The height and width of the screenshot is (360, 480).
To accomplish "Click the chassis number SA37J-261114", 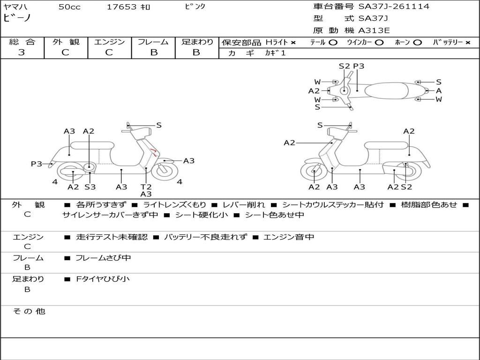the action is [x=394, y=7].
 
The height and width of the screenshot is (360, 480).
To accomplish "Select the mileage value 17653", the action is [x=121, y=7].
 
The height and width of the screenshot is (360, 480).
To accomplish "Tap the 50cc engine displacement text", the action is [x=69, y=7].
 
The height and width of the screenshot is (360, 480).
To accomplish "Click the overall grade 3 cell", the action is [x=22, y=52].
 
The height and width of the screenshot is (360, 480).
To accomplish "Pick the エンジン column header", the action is [x=109, y=42].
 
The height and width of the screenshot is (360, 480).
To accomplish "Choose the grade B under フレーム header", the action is [x=153, y=52].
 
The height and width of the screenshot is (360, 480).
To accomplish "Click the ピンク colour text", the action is [x=193, y=7].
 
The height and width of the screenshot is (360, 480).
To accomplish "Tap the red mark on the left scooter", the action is [x=154, y=151].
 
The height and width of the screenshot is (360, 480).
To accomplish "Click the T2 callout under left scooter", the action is [x=146, y=187].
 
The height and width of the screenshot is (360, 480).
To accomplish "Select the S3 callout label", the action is [x=90, y=187].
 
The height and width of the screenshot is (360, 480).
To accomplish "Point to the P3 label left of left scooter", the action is [x=37, y=164].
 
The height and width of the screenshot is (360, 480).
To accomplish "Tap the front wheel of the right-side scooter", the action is [x=314, y=172].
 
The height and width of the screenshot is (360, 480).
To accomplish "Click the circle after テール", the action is [x=333, y=42].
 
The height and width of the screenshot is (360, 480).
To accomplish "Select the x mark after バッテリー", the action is [x=467, y=42].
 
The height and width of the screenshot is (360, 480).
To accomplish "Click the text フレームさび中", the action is [x=103, y=258].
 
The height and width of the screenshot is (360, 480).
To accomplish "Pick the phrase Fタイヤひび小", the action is [x=103, y=279].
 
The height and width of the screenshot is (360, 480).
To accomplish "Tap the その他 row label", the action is [x=29, y=311].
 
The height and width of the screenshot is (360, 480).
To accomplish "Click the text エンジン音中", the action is [x=289, y=237].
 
